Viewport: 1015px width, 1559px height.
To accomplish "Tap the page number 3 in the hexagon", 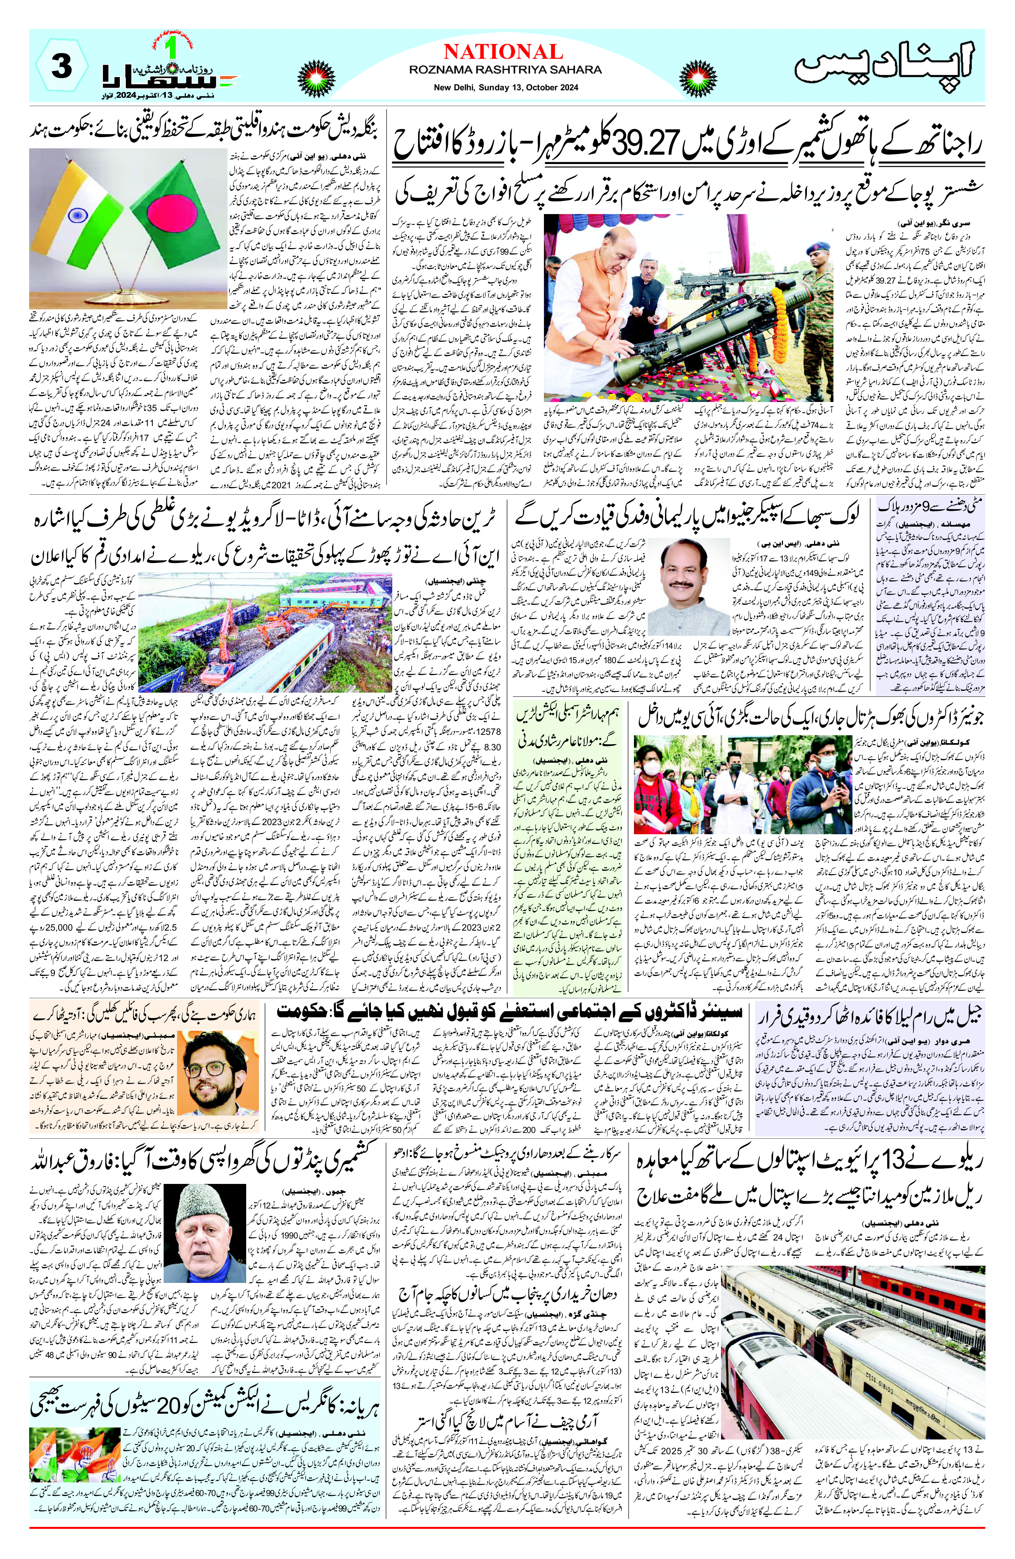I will pos(61,66).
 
